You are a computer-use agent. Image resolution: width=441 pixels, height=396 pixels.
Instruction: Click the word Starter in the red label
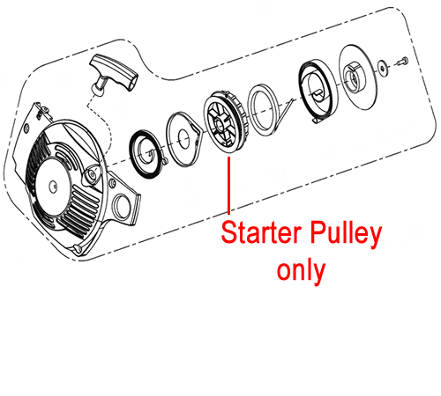click(262, 232)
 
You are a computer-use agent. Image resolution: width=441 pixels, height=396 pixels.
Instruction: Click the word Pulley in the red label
click(346, 235)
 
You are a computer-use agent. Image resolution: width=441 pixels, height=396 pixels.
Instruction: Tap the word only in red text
click(301, 271)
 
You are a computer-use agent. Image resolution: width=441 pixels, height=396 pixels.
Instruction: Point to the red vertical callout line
click(229, 185)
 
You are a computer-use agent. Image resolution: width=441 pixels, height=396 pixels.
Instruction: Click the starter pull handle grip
click(114, 71)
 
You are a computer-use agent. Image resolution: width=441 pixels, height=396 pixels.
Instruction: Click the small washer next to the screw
click(382, 69)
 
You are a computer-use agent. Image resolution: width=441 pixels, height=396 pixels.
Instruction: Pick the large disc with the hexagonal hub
click(358, 77)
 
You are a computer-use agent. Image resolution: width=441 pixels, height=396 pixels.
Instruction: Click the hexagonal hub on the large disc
click(355, 77)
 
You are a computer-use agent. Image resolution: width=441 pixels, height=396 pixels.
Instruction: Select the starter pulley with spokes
click(226, 121)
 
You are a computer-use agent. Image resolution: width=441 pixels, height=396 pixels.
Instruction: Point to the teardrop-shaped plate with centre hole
click(183, 139)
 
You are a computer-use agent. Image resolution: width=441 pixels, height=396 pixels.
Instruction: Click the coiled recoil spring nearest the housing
click(146, 153)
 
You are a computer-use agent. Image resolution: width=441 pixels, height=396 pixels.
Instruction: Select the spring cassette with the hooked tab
click(317, 91)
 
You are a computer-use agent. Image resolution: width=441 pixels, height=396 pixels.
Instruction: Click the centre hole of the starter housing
click(53, 186)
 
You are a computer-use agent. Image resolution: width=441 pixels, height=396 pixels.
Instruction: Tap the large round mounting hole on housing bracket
click(121, 204)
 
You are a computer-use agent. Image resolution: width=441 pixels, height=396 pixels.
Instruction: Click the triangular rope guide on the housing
click(92, 175)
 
